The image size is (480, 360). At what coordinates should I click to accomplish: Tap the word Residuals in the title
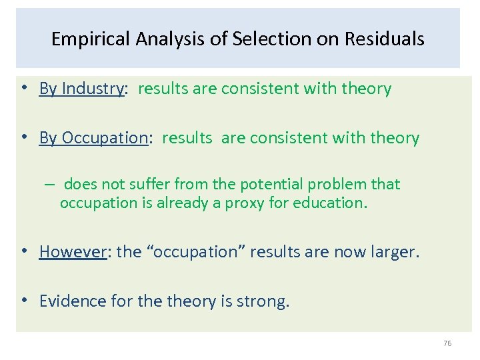(x=384, y=39)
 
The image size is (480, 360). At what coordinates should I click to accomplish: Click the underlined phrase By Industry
(x=82, y=89)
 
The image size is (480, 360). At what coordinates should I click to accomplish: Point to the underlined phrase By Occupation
(x=93, y=138)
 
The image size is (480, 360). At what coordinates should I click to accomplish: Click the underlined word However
(x=73, y=251)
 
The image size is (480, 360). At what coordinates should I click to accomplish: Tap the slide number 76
(x=447, y=343)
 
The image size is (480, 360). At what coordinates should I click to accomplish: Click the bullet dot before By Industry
(x=24, y=89)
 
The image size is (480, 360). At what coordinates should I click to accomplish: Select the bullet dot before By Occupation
(x=24, y=138)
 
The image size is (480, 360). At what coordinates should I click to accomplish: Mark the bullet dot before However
(x=24, y=251)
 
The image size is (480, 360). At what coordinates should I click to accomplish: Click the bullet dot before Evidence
(x=24, y=301)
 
